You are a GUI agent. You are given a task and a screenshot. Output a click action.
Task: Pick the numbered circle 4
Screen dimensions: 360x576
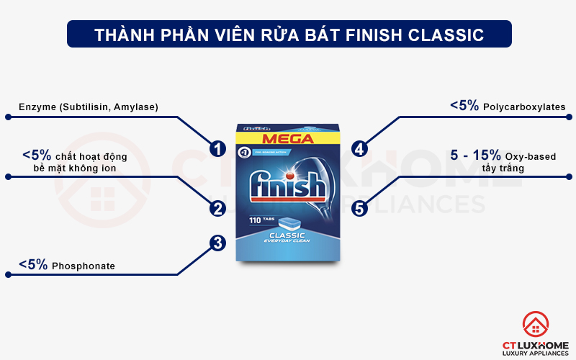click(359, 149)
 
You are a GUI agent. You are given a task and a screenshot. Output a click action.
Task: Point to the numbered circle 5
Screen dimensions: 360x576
click(359, 208)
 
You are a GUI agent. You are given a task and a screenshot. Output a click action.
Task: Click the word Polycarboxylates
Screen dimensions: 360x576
click(524, 107)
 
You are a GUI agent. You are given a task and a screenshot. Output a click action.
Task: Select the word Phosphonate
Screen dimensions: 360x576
click(83, 266)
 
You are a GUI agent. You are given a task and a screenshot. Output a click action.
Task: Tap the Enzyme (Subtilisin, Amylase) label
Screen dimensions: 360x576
click(89, 107)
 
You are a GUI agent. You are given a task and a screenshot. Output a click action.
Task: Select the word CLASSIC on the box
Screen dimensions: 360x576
click(287, 235)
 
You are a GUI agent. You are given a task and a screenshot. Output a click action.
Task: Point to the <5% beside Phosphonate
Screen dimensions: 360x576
click(33, 265)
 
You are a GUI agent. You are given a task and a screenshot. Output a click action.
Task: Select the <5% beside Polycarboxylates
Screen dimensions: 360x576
click(464, 106)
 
